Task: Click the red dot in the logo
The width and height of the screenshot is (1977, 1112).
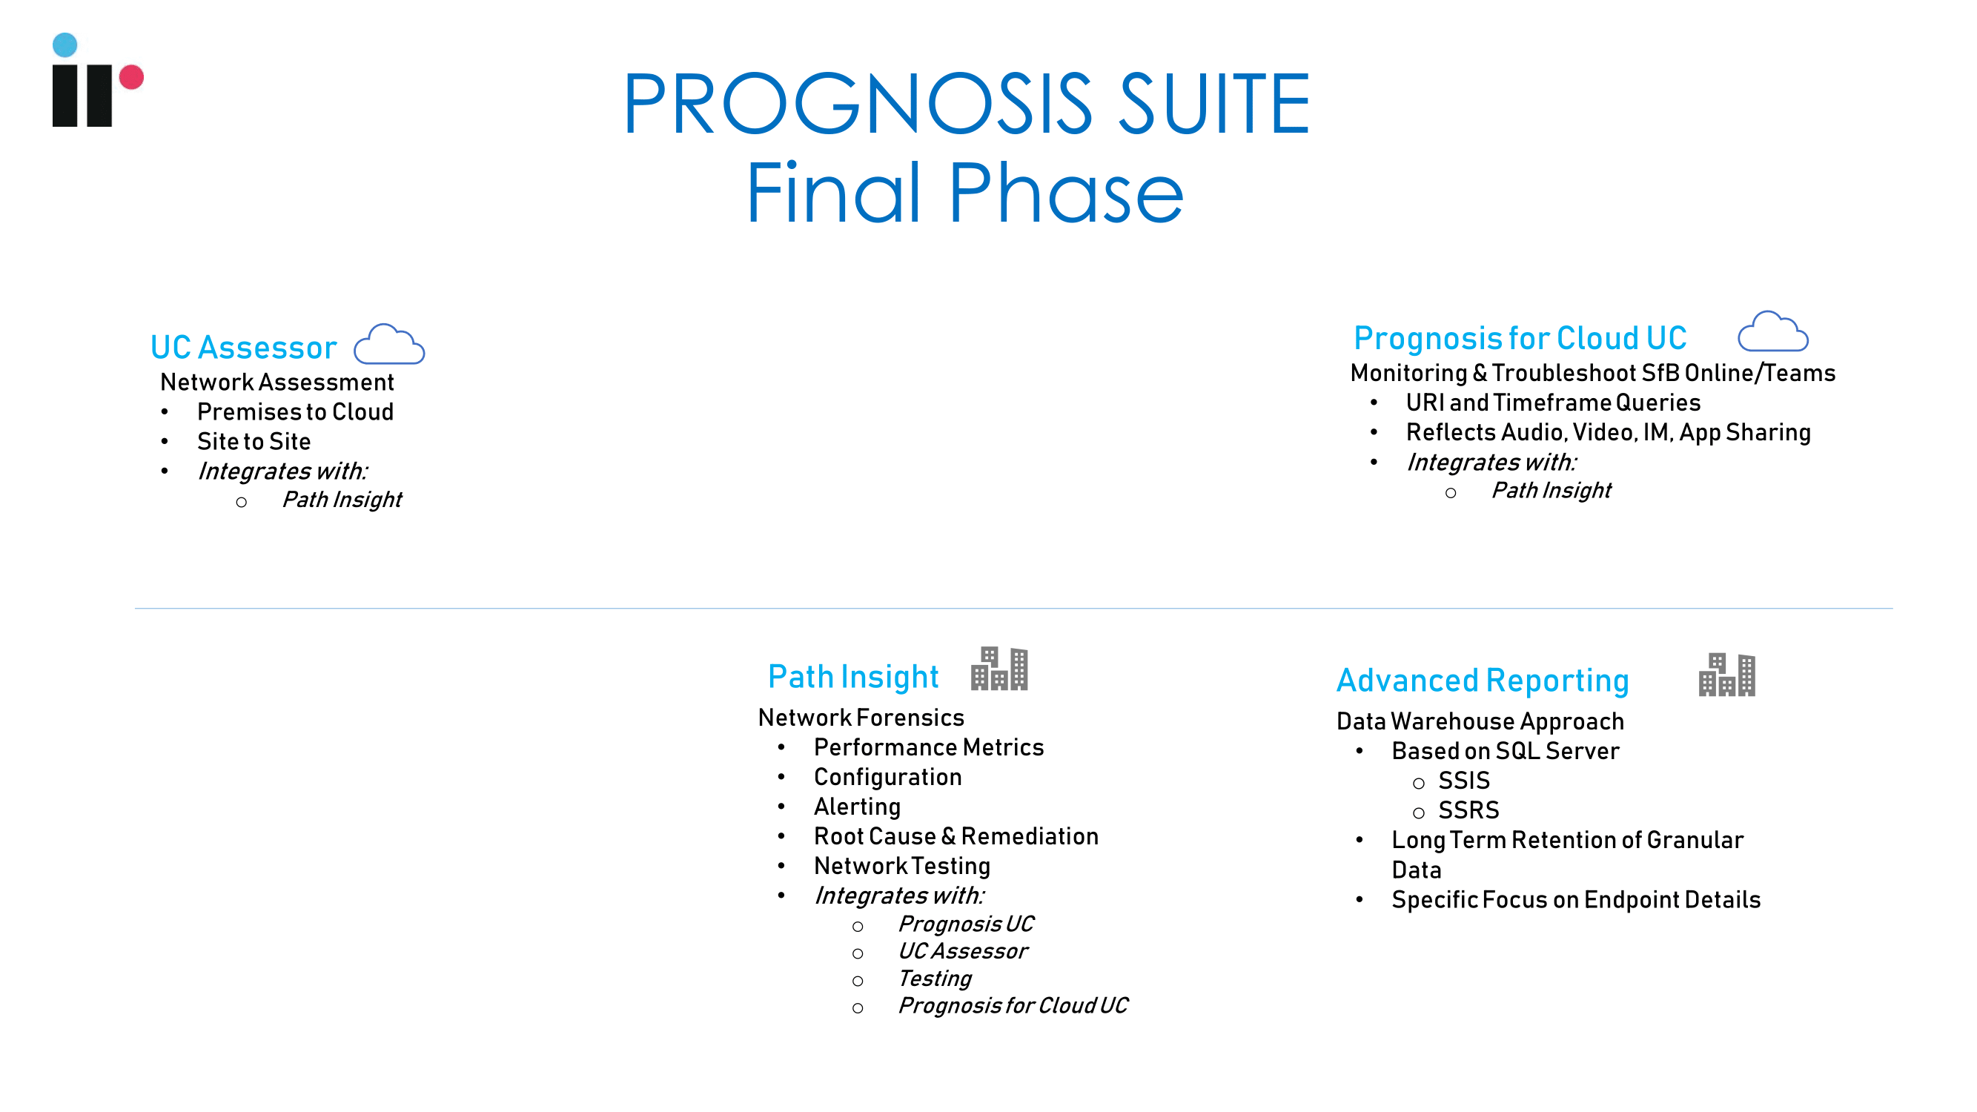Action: (x=131, y=77)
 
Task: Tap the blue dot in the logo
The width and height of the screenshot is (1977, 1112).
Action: (x=64, y=44)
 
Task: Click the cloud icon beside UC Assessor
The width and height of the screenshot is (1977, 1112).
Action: (x=389, y=344)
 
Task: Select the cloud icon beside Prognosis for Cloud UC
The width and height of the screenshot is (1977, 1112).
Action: (x=1773, y=331)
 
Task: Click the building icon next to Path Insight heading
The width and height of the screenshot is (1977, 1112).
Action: (x=999, y=669)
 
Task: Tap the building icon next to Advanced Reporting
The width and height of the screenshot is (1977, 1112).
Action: (x=1726, y=675)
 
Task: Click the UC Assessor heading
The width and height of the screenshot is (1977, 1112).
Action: (x=243, y=348)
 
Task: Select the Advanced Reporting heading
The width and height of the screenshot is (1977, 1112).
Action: (x=1482, y=681)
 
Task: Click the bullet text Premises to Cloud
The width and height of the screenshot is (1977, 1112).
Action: (x=296, y=412)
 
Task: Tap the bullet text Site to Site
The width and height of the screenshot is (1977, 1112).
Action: (x=254, y=442)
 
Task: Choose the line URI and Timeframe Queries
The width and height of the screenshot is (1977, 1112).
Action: (x=1552, y=403)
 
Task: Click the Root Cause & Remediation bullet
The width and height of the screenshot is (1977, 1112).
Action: (x=956, y=836)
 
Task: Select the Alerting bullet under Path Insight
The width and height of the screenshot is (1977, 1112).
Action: (x=857, y=807)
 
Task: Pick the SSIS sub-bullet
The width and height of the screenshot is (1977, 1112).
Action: (x=1463, y=781)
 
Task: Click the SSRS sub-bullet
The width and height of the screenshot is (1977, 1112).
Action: (x=1468, y=810)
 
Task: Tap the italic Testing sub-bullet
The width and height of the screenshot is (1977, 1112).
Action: (x=935, y=979)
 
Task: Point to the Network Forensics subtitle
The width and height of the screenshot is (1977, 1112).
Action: (x=861, y=718)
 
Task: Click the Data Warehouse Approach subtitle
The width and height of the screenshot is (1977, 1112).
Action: (x=1480, y=721)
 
